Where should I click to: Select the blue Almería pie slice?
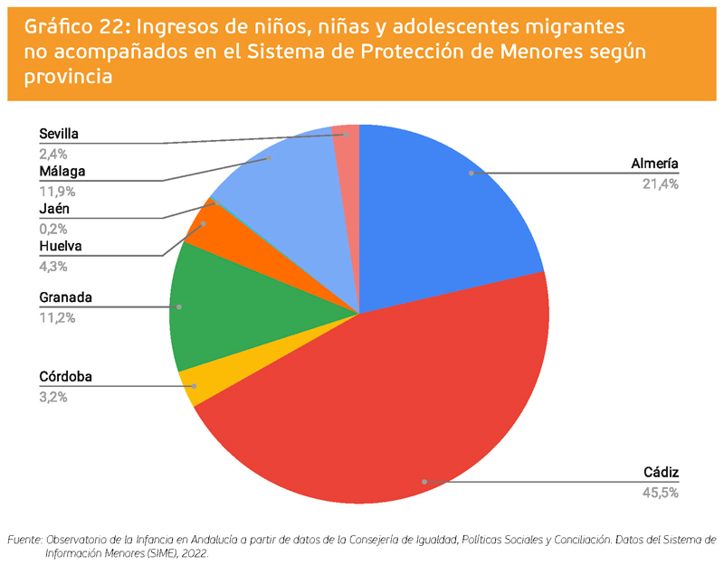pos(443,208)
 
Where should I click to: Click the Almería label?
pos(654,165)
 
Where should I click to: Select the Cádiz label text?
pos(661,473)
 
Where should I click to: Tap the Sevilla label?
pos(59,134)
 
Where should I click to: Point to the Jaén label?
pos(54,210)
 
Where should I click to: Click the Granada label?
pos(66,297)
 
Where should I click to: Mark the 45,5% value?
pos(661,493)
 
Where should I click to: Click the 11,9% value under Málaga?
pos(57,191)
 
